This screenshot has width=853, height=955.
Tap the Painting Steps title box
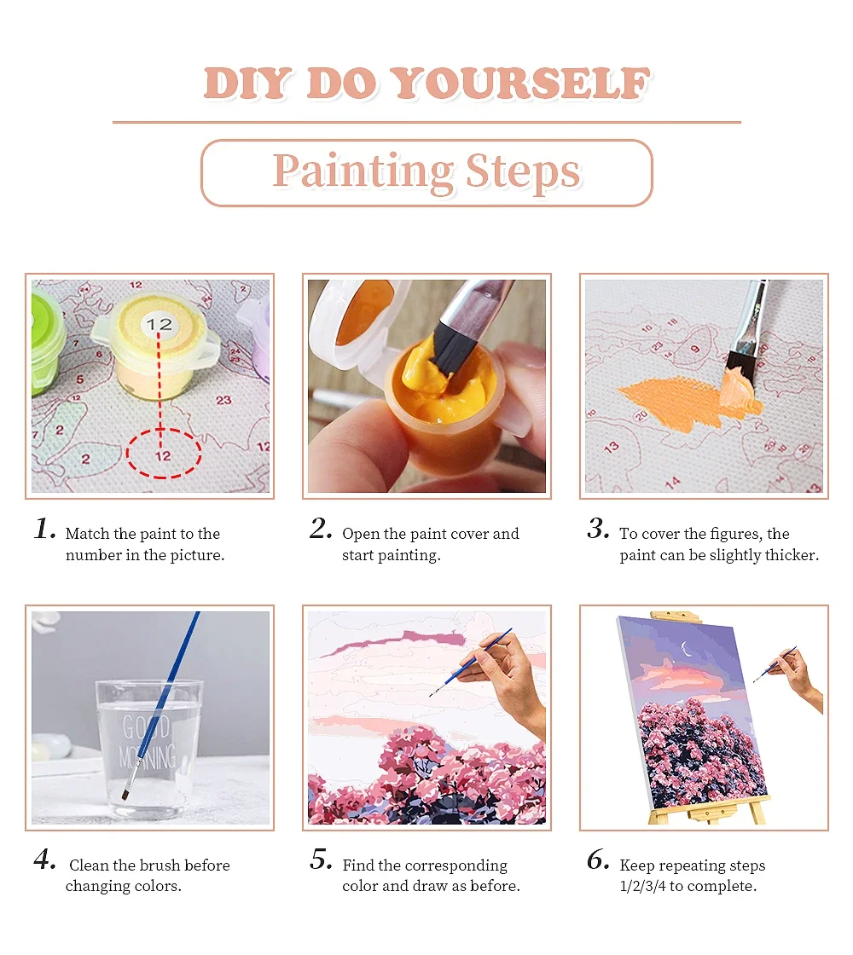[x=426, y=173]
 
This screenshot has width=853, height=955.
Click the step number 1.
[x=44, y=530]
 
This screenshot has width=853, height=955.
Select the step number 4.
[x=44, y=860]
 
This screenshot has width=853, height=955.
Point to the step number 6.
[x=598, y=860]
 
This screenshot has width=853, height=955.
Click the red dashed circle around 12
[x=164, y=454]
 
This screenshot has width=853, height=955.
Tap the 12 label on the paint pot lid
[x=159, y=325]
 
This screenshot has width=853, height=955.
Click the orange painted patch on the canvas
[x=674, y=397]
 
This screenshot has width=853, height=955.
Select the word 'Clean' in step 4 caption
[x=89, y=865]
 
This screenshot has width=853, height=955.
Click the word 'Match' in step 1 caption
[x=87, y=535]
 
